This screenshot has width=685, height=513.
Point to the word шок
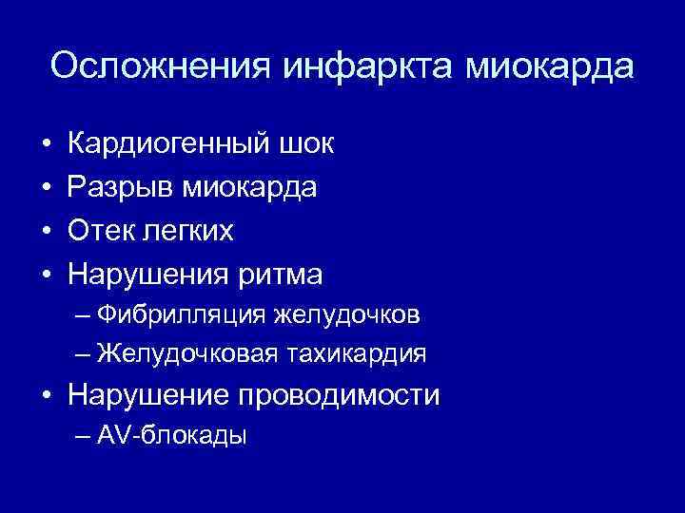coord(305,144)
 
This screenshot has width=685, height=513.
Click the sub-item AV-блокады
coord(171,436)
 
